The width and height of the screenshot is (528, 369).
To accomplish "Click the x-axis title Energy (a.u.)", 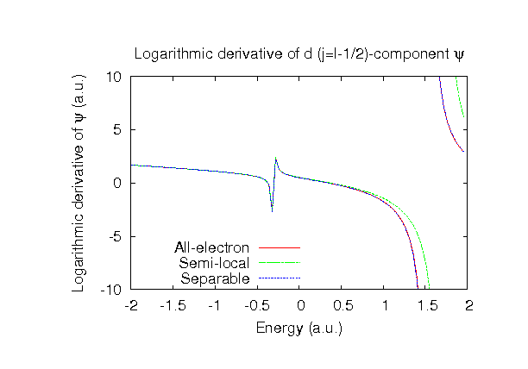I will [299, 328].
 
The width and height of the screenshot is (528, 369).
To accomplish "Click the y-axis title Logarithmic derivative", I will [79, 182].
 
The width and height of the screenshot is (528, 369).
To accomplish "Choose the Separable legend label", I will [215, 278].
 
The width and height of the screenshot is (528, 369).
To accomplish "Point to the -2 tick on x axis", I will [131, 305].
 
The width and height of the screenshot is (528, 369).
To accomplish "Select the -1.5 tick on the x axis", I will [173, 305].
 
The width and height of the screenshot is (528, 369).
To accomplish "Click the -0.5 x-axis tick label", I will [257, 305].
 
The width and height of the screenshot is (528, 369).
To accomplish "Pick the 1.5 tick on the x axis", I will [426, 305].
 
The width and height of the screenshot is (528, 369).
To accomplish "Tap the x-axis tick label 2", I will [468, 305].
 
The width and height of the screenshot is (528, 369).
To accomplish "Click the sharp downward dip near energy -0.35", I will [272, 210].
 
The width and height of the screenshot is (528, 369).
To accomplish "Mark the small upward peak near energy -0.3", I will [276, 159].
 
